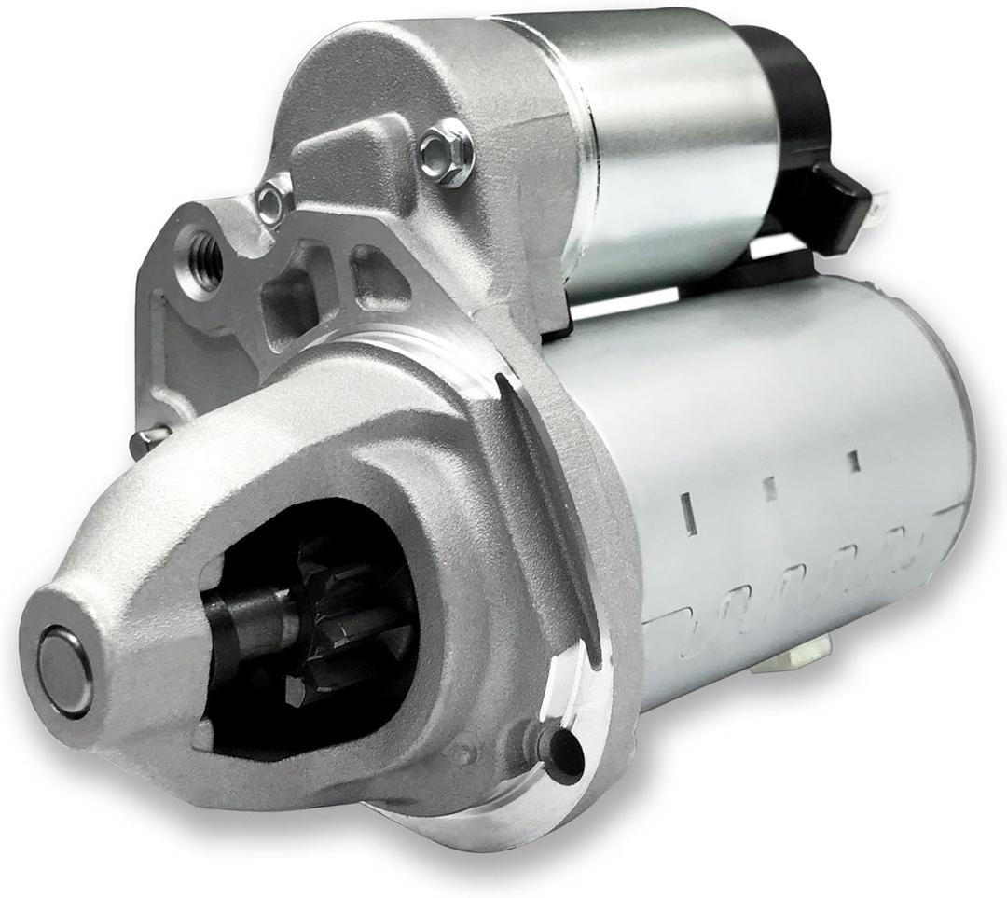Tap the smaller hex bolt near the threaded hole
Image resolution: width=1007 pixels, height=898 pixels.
coord(273,201)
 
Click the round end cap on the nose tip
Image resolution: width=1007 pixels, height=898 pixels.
coord(65,670)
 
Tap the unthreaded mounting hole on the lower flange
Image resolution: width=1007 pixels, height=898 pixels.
coord(562,752)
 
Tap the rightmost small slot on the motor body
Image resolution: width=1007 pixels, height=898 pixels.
coord(852,460)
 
